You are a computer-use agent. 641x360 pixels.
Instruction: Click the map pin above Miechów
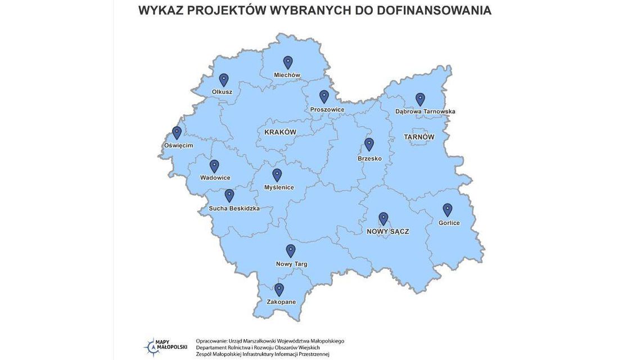(x=288, y=62)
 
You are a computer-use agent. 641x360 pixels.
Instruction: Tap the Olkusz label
(x=222, y=92)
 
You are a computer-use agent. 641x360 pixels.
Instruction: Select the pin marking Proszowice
(x=324, y=96)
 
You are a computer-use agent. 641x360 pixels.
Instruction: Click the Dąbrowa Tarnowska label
(x=425, y=111)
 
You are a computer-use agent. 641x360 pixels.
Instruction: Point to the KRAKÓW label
(x=280, y=132)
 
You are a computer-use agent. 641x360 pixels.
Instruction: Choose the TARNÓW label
(x=419, y=137)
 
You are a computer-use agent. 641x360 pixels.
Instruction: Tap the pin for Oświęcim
(x=177, y=132)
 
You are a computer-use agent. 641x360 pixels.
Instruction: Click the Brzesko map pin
(x=369, y=144)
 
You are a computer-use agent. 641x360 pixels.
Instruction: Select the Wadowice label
(x=215, y=178)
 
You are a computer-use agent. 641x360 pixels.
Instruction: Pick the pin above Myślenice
(x=277, y=175)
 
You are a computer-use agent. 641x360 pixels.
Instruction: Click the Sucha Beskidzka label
(x=234, y=208)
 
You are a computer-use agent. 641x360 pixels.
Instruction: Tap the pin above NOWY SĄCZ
(x=383, y=218)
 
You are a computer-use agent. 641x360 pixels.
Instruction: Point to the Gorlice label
(x=449, y=223)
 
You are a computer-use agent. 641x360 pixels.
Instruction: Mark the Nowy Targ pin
(x=291, y=250)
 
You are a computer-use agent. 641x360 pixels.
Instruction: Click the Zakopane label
(x=281, y=302)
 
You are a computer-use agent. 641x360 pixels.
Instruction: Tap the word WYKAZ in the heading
(x=161, y=10)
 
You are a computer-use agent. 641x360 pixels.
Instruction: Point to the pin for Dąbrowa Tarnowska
(x=420, y=99)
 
